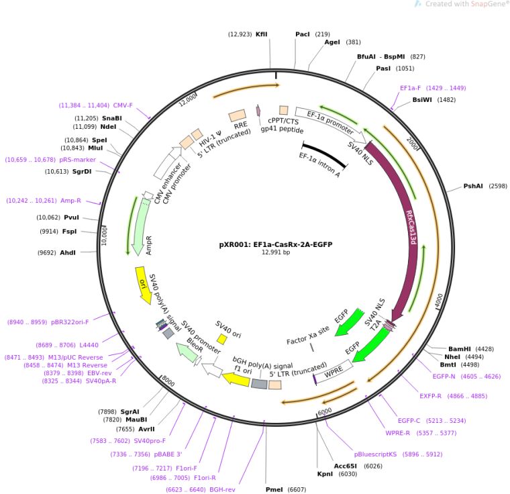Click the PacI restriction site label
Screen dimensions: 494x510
(303, 34)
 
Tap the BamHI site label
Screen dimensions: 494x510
(460, 349)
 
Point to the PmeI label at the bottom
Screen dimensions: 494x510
(274, 489)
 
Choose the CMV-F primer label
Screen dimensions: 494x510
(123, 105)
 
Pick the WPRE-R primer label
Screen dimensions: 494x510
(402, 433)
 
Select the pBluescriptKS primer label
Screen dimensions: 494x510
(376, 454)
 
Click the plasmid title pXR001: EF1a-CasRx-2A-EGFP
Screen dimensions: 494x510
(276, 244)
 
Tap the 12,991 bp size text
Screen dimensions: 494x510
(276, 252)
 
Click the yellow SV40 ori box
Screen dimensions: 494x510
(222, 339)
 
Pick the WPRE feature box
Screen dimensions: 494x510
(334, 373)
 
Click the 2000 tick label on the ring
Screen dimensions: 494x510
(413, 145)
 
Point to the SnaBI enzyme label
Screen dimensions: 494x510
(112, 118)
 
